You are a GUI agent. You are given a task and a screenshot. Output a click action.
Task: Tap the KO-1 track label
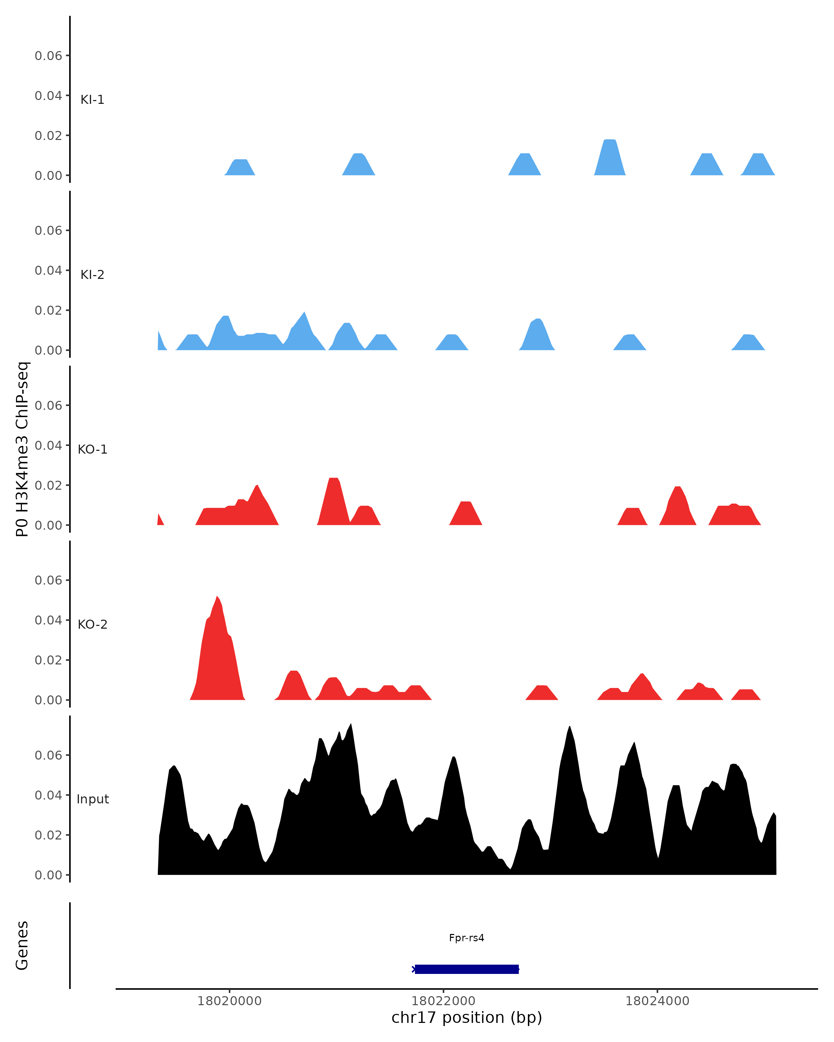click(x=92, y=449)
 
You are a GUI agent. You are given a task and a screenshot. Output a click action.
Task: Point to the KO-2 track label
click(x=92, y=625)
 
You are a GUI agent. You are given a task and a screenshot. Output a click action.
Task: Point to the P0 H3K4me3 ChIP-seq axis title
click(x=22, y=449)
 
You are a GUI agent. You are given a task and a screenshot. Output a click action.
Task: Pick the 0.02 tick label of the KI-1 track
click(x=48, y=136)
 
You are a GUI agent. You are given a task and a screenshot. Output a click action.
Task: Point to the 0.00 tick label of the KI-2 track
click(x=48, y=350)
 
